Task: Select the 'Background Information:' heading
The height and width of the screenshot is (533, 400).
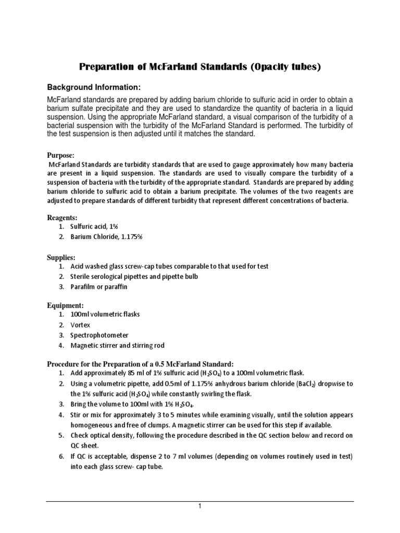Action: point(94,86)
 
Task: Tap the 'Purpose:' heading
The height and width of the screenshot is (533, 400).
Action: point(61,156)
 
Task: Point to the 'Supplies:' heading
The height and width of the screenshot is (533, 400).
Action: point(62,258)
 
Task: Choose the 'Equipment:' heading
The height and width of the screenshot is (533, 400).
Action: point(65,306)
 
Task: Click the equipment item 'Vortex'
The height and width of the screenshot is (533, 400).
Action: point(81,325)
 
